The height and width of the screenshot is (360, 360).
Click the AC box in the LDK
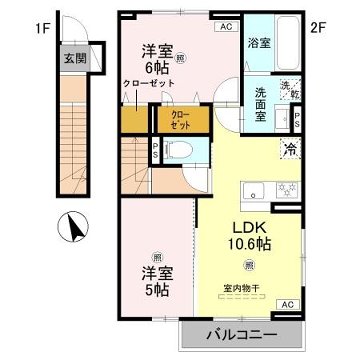point(286,303)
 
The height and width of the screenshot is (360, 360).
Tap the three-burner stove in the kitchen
point(288,188)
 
